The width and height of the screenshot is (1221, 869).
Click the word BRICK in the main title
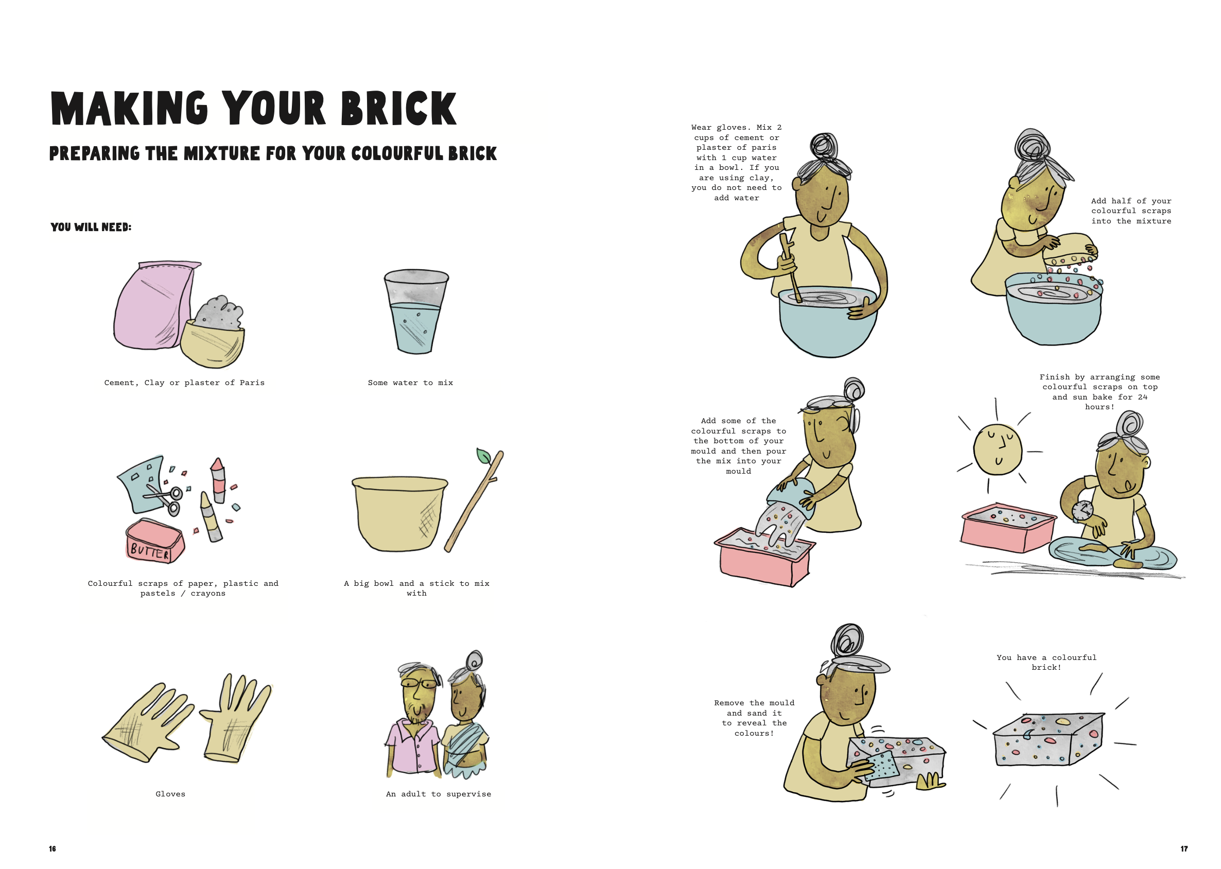pyautogui.click(x=398, y=109)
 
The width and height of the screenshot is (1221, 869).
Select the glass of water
pyautogui.click(x=416, y=311)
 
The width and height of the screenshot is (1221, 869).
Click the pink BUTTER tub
pyautogui.click(x=155, y=542)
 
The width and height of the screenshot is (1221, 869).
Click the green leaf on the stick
pyautogui.click(x=484, y=456)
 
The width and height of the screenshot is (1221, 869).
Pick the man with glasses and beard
pyautogui.click(x=413, y=720)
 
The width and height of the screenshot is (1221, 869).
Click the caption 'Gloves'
pyautogui.click(x=170, y=794)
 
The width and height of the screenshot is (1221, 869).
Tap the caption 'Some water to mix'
pyautogui.click(x=410, y=383)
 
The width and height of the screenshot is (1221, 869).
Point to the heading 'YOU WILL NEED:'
pyautogui.click(x=91, y=227)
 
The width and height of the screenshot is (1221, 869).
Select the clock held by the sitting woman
pyautogui.click(x=1083, y=511)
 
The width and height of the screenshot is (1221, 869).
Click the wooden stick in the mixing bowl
pyautogui.click(x=790, y=268)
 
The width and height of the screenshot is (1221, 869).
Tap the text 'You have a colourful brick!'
pyautogui.click(x=1046, y=663)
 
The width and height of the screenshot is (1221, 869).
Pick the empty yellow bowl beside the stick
pyautogui.click(x=399, y=513)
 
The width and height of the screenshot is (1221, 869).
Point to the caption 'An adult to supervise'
pyautogui.click(x=438, y=794)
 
